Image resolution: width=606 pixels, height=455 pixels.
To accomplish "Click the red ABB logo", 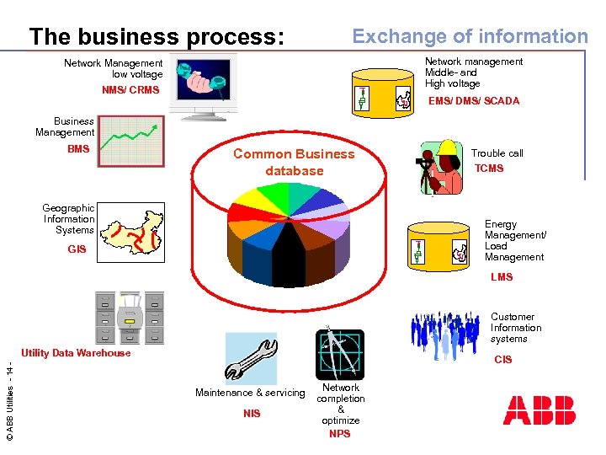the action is coord(540,410).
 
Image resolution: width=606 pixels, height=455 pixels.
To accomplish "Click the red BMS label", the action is coord(78,149).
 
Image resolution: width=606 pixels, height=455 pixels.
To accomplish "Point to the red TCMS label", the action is coord(489,169).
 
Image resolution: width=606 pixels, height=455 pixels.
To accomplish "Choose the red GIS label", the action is coord(77,249).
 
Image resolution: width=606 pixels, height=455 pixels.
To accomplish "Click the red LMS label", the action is coord(502,277).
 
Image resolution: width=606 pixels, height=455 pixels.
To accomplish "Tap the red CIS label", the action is coord(503,360).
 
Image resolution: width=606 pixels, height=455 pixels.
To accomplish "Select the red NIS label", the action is coord(252,414).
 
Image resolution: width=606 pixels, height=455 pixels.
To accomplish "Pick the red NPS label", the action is coord(340,434).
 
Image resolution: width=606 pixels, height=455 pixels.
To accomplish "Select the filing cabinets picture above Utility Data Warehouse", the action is coord(130,318).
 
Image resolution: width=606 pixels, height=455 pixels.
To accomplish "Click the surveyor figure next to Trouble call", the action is coord(440,166).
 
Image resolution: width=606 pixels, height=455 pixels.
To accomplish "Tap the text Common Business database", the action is coord(294,162).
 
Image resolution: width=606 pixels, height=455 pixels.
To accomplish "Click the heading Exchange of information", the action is coord(470,36).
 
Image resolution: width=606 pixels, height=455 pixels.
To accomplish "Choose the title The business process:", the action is coord(157,37).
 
